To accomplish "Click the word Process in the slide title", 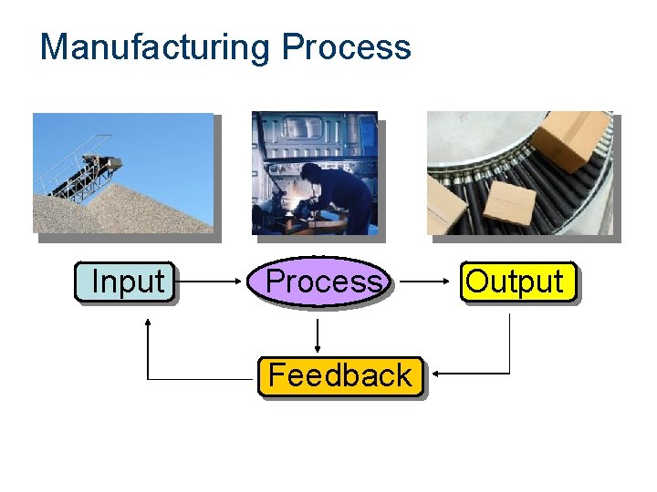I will tap(347, 46).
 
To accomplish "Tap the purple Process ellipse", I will tap(321, 282).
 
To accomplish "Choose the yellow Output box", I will tap(518, 282).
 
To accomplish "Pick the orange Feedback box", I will tap(340, 375).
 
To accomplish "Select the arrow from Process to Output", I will tap(424, 282).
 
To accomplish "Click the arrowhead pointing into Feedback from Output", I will tap(437, 374).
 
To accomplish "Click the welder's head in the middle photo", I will tap(312, 173).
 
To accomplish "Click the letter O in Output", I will tap(475, 282).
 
